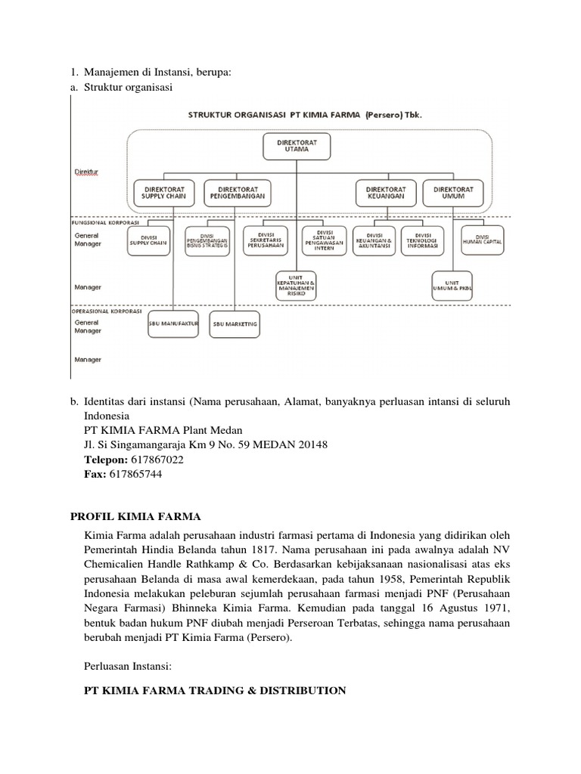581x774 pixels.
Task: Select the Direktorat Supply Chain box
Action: tap(164, 192)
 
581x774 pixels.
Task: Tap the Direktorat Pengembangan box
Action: tap(239, 192)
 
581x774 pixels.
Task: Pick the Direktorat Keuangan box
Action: tap(386, 192)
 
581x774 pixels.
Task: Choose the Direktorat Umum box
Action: tap(453, 192)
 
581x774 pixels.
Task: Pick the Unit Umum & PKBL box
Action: tap(454, 283)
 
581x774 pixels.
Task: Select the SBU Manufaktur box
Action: tap(173, 324)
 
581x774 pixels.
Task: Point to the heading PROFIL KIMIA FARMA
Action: tap(135, 516)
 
